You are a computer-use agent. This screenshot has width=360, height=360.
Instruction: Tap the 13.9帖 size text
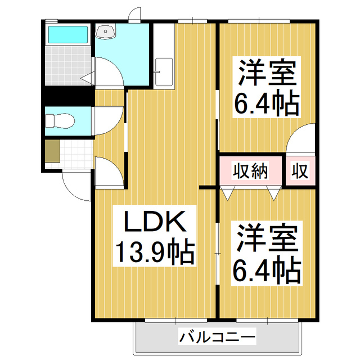[155, 253]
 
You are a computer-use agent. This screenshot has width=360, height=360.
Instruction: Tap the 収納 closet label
[250, 170]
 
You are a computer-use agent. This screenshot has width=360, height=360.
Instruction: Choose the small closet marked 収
[300, 170]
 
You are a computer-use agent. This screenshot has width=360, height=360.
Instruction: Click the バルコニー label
[217, 337]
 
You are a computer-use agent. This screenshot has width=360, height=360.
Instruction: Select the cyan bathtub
[67, 35]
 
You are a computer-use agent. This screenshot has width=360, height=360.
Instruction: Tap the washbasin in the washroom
[106, 31]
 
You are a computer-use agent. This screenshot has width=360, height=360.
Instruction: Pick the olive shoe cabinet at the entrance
[52, 152]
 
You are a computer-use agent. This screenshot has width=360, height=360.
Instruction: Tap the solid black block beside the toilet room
[67, 97]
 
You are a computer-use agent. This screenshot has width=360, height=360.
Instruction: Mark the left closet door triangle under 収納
[227, 194]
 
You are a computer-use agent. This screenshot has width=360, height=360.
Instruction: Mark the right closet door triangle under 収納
[273, 194]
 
